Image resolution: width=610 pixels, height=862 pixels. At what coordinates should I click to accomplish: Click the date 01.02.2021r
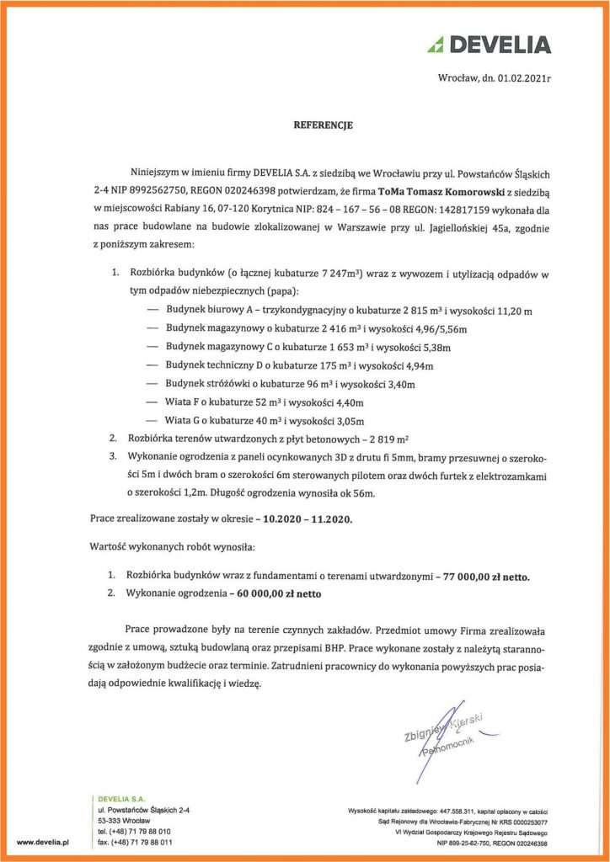click(523, 77)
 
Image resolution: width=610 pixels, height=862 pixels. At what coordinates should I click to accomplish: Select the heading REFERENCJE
click(323, 125)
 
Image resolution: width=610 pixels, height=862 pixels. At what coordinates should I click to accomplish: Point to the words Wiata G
click(183, 420)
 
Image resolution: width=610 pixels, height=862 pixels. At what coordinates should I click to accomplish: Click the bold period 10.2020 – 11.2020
click(306, 519)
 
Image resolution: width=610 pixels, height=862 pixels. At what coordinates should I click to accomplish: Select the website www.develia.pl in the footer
click(42, 841)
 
